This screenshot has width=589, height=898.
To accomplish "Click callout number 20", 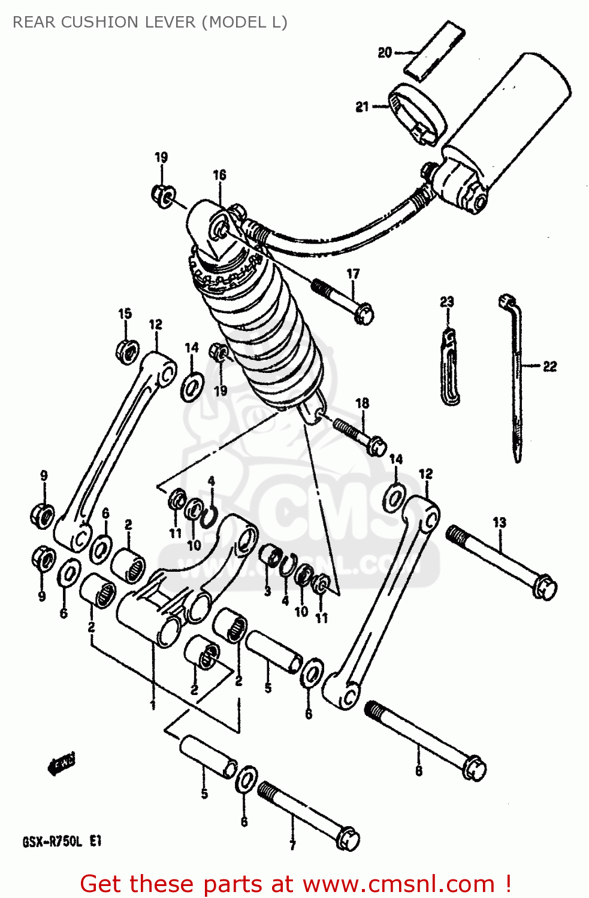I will pos(385,53).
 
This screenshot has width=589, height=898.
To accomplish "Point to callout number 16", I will pos(220,175).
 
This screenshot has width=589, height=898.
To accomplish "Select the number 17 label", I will pos(354,274).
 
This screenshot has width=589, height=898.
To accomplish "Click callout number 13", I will pos(500,523).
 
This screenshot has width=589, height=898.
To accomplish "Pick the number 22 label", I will pos(549,366).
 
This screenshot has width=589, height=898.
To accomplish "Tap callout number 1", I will pos(153,705).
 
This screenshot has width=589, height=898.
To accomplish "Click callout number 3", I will pos(267,591).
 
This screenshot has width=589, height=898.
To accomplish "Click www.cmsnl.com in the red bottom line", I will pos(398,884).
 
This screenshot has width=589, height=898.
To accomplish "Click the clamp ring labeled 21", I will pos(418,114).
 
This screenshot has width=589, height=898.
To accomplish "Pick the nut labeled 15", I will pos(127,351).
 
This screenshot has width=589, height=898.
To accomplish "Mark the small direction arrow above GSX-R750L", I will pos(62,764).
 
